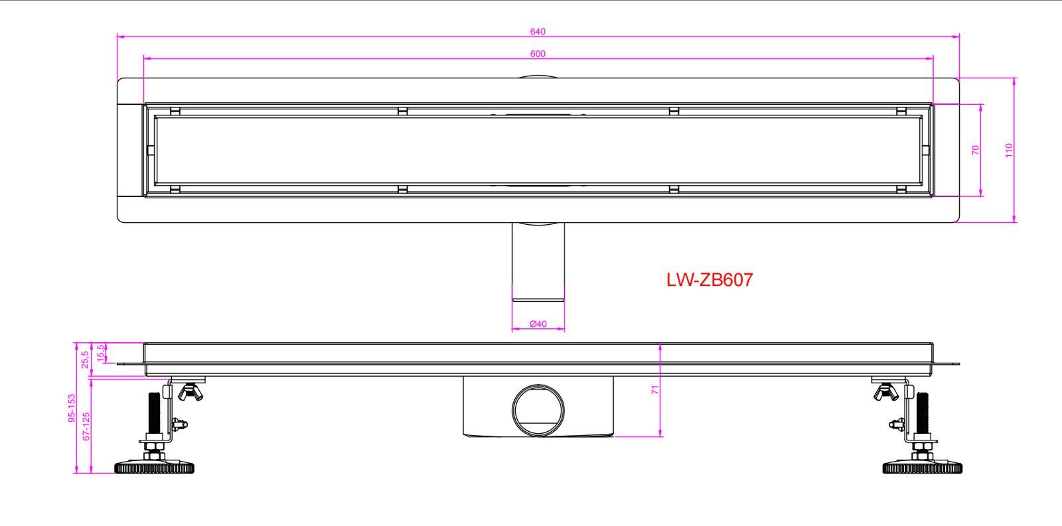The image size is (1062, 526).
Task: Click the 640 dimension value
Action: point(538,32)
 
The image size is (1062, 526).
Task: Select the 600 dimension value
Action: point(538,54)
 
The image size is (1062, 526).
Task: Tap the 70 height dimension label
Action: point(975,150)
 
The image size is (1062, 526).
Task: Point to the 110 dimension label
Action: point(1009,150)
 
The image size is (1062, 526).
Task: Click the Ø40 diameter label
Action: point(538,324)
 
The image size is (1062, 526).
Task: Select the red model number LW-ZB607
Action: point(710,280)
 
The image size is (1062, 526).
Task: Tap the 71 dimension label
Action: point(654,390)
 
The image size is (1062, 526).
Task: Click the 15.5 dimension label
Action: point(100,354)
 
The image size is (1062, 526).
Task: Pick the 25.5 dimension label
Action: point(85,360)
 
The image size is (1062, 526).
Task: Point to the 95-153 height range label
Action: point(72,408)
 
